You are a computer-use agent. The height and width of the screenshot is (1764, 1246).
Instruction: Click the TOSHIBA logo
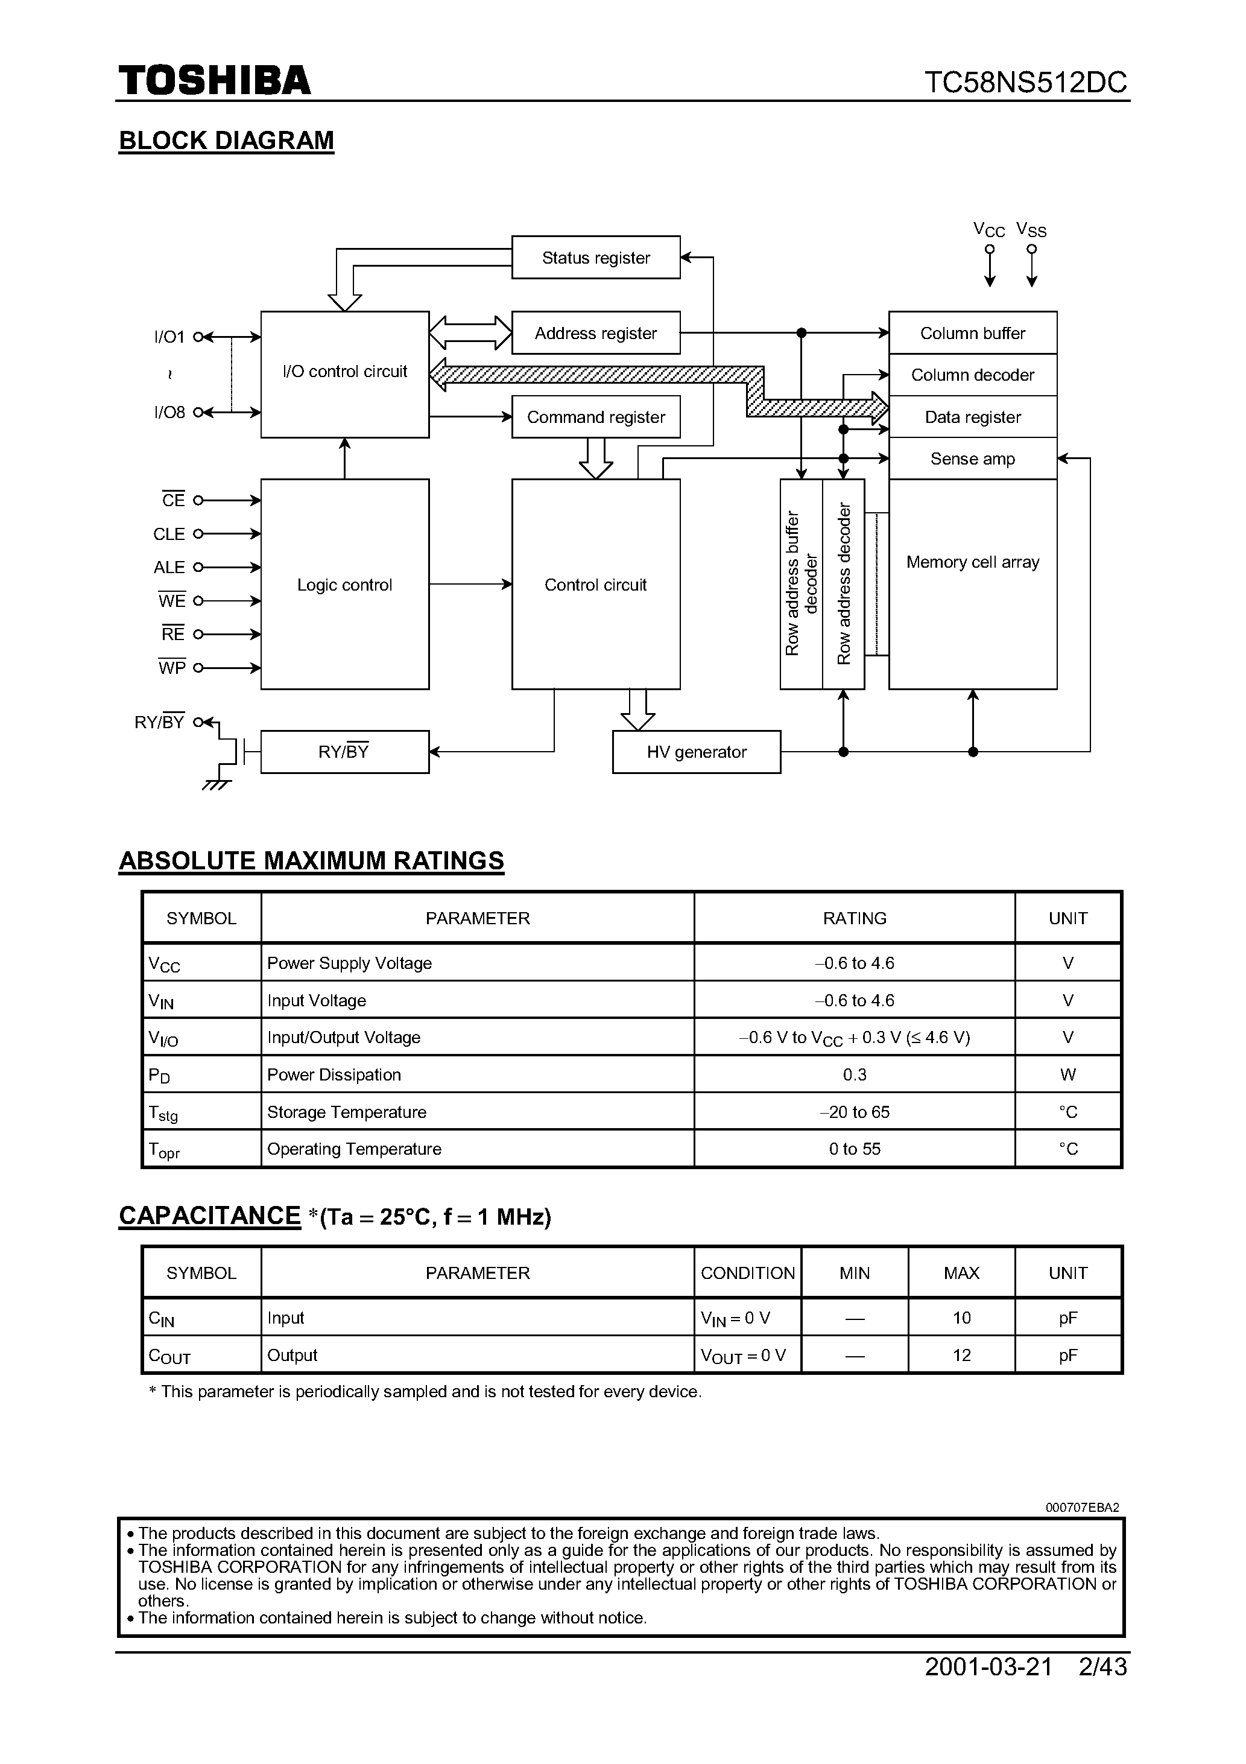tap(214, 81)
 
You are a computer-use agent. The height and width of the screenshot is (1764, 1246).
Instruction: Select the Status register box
tap(595, 258)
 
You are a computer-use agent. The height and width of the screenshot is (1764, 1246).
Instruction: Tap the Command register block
tap(595, 417)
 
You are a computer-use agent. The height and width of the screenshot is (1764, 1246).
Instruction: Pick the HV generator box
tap(696, 752)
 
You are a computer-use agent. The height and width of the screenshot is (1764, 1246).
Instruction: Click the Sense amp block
tap(973, 458)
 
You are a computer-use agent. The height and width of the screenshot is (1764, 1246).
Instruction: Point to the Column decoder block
tap(973, 375)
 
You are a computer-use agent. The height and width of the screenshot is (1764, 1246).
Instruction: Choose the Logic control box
tap(344, 585)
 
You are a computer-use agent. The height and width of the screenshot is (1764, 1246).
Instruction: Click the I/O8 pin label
tap(169, 413)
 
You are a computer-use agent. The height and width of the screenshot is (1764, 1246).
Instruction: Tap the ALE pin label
tap(169, 568)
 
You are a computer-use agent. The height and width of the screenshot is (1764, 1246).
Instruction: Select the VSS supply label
tap(1031, 230)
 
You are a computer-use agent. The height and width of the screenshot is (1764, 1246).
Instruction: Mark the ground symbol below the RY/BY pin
tap(216, 785)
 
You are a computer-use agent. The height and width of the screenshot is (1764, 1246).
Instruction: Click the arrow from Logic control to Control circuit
tap(470, 585)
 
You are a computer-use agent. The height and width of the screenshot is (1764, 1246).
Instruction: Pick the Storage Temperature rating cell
tap(854, 1112)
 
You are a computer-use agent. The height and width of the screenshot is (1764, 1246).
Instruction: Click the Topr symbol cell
tap(201, 1149)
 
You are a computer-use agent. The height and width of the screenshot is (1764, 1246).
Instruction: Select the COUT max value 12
tap(961, 1355)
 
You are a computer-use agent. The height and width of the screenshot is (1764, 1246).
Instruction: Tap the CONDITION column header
tap(747, 1273)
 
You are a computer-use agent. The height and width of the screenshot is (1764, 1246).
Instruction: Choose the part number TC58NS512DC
tap(1025, 82)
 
